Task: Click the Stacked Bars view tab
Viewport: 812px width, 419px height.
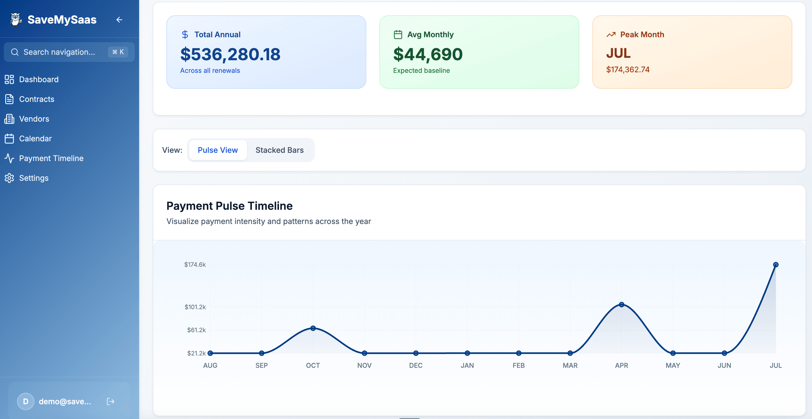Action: click(x=279, y=150)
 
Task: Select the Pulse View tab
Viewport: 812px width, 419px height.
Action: click(x=217, y=150)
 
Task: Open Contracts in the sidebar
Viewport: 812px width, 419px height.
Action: click(x=37, y=99)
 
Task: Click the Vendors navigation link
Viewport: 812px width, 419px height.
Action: click(x=34, y=119)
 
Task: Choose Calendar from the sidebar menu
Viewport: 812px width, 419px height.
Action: click(x=35, y=138)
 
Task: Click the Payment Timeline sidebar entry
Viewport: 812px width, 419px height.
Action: click(x=51, y=158)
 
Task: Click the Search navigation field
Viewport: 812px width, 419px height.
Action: click(x=59, y=52)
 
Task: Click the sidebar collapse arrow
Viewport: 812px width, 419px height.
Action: click(x=119, y=19)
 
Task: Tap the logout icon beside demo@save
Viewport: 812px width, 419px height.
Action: click(x=110, y=401)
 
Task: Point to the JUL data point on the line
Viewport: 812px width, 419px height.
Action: click(x=776, y=265)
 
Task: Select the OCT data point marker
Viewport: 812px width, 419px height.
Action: click(x=313, y=328)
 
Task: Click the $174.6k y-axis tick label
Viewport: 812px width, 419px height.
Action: click(x=195, y=265)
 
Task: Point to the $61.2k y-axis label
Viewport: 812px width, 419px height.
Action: click(x=196, y=330)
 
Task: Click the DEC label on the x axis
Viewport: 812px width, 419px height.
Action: click(x=416, y=365)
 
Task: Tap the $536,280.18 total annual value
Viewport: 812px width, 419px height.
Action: click(x=230, y=54)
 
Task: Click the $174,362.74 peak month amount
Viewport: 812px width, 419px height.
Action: click(x=627, y=70)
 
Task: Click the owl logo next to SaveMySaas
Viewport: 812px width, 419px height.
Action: click(x=15, y=19)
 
